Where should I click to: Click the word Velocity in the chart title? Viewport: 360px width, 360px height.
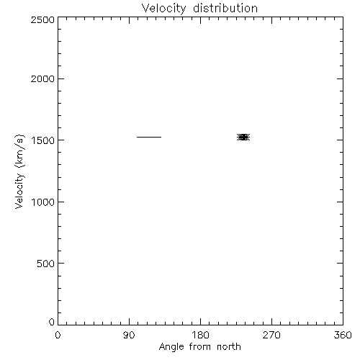(x=164, y=9)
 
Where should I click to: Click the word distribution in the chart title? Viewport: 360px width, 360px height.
(x=225, y=8)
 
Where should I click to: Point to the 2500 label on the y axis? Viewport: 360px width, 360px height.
(x=42, y=19)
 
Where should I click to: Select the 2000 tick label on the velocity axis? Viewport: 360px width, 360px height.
(x=42, y=78)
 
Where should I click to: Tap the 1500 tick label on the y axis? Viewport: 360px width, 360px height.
(x=43, y=140)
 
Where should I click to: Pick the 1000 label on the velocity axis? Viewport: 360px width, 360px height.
(x=43, y=202)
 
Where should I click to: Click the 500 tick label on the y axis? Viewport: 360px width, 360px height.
(x=46, y=264)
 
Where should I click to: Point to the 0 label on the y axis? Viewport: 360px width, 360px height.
(x=52, y=322)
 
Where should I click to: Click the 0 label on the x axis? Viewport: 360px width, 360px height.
(x=58, y=335)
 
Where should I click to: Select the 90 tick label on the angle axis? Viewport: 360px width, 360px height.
(x=129, y=335)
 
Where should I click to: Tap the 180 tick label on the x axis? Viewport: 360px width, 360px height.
(x=199, y=335)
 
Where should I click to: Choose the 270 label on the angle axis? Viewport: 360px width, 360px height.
(x=271, y=335)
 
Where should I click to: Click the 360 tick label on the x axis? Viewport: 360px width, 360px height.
(x=343, y=335)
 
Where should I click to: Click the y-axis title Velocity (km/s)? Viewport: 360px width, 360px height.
(x=19, y=171)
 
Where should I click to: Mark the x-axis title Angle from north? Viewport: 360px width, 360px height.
(x=200, y=347)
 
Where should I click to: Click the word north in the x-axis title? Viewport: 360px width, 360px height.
(x=229, y=346)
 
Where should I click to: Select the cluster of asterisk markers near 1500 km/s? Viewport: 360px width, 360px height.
(x=243, y=137)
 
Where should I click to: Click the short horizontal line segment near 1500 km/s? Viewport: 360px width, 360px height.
(x=149, y=137)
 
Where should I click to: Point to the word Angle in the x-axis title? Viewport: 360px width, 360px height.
(x=171, y=347)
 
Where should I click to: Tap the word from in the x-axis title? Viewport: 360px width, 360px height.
(x=199, y=346)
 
